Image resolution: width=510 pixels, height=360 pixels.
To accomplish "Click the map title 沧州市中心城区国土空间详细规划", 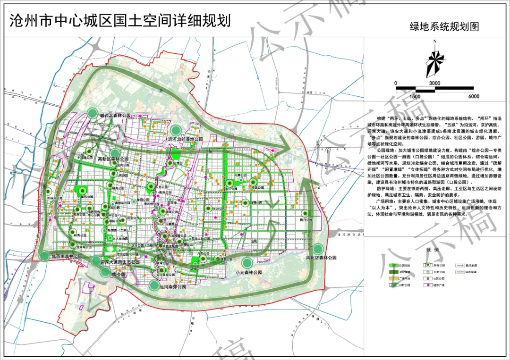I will click(120, 20).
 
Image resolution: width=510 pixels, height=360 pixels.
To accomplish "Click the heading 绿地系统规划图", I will click(444, 27).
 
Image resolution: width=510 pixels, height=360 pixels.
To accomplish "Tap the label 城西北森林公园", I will click(115, 115).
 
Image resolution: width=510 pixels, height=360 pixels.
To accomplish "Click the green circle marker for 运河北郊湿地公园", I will click(176, 130).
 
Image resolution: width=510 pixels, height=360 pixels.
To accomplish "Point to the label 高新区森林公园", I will click(113, 159).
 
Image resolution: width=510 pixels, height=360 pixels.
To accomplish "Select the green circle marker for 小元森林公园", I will click(246, 262).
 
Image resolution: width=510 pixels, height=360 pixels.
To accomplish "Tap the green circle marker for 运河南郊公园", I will click(153, 285).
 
